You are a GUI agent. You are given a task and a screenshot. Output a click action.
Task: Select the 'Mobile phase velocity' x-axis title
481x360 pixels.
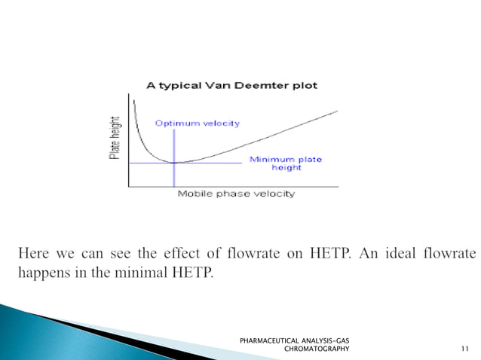pos(236,194)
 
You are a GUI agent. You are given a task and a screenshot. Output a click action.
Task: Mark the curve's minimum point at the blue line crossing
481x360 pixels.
pos(174,163)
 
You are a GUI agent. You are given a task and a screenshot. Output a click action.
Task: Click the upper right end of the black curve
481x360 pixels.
pos(337,111)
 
